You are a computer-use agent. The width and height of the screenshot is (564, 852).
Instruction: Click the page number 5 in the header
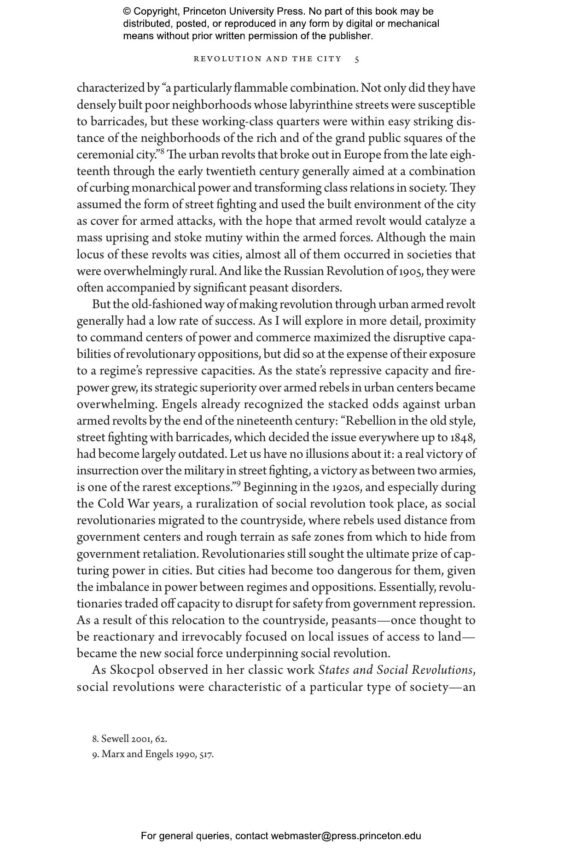(x=357, y=59)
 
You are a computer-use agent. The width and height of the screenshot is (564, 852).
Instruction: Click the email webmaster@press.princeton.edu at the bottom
(x=346, y=836)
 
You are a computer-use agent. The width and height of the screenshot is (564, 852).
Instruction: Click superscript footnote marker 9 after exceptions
(x=246, y=484)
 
